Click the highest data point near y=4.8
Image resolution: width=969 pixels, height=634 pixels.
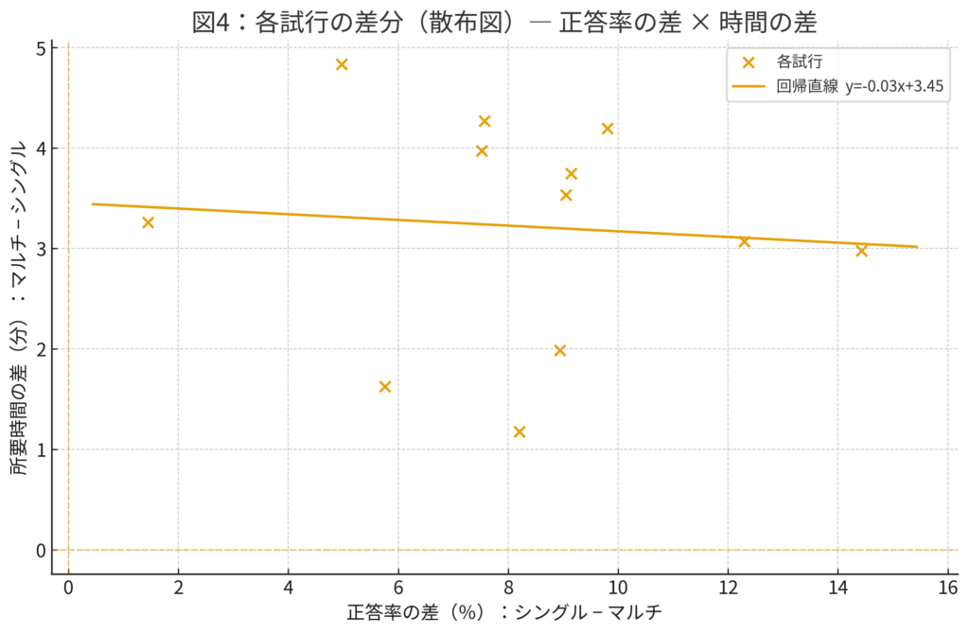pyautogui.click(x=342, y=64)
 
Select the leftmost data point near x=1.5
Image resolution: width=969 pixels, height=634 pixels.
pyautogui.click(x=148, y=222)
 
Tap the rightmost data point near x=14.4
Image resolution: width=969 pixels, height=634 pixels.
pyautogui.click(x=861, y=250)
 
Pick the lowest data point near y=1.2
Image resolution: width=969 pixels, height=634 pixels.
pyautogui.click(x=519, y=431)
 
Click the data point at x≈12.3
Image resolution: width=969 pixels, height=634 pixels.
pyautogui.click(x=744, y=241)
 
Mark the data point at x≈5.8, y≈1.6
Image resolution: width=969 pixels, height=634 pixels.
pyautogui.click(x=384, y=386)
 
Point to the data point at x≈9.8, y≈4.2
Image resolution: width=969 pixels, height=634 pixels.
pyautogui.click(x=608, y=129)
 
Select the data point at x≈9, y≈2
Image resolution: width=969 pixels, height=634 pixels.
pyautogui.click(x=559, y=350)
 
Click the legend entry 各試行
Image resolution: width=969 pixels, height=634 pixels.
pyautogui.click(x=800, y=62)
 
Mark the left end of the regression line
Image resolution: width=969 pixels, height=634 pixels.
pyautogui.click(x=92, y=203)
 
